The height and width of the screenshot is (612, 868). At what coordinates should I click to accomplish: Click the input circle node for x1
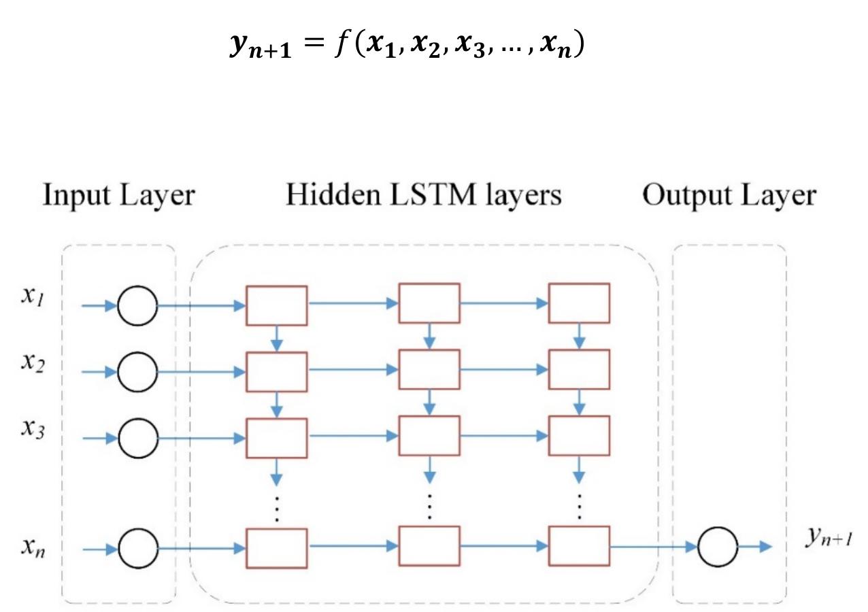(137, 306)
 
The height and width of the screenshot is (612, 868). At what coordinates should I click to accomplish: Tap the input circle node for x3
(137, 439)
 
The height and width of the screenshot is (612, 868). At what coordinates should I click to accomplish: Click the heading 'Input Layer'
(119, 195)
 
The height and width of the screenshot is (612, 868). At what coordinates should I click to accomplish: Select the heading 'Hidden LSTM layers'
(423, 195)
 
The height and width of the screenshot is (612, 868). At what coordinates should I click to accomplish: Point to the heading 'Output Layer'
(729, 195)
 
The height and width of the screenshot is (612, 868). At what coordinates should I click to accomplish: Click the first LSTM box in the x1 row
(276, 305)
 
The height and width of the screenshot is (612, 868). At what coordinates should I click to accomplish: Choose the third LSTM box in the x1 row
(580, 303)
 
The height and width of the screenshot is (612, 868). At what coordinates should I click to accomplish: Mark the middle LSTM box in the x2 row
(429, 371)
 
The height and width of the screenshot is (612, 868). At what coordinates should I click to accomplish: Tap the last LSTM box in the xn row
(580, 546)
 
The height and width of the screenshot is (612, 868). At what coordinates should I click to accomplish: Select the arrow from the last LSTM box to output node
(653, 545)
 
